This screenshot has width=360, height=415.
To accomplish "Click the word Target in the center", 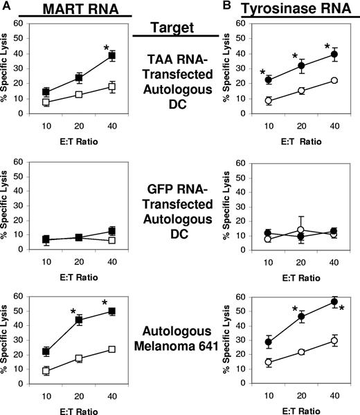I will pyautogui.click(x=180, y=30).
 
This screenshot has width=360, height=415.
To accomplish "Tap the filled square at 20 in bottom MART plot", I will pyautogui.click(x=78, y=320).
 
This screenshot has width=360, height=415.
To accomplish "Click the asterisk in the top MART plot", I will pyautogui.click(x=106, y=48).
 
